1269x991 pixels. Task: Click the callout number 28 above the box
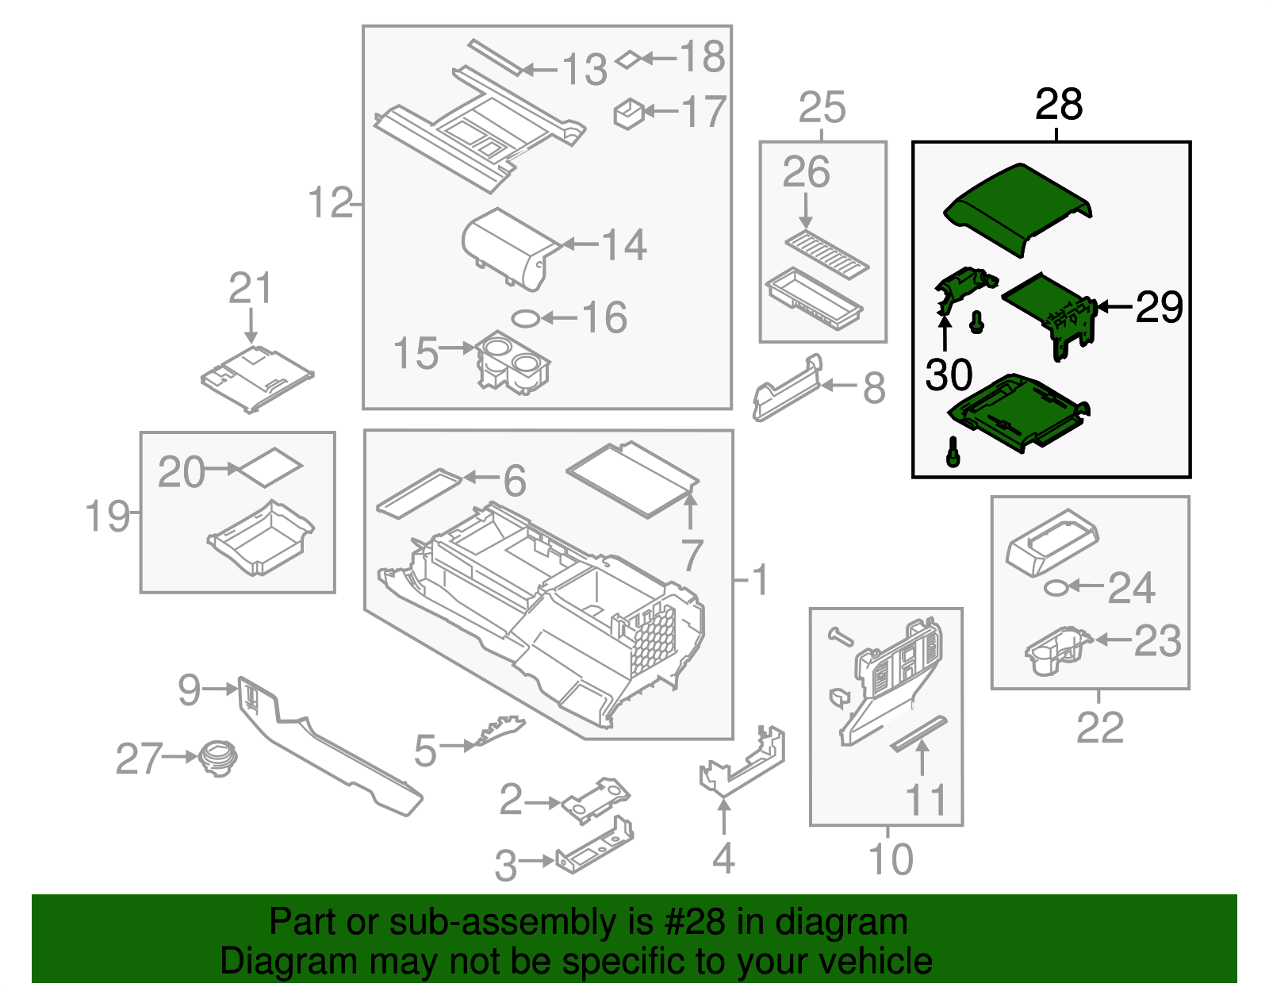pyautogui.click(x=1058, y=105)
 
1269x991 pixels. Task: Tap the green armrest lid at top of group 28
pyautogui.click(x=1018, y=208)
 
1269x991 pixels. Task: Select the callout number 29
pyautogui.click(x=1159, y=307)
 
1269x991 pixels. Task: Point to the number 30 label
pyautogui.click(x=948, y=375)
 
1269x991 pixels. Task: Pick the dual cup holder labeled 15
pyautogui.click(x=512, y=364)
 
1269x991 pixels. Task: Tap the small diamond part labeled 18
pyautogui.click(x=627, y=59)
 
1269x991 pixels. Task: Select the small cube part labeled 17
pyautogui.click(x=629, y=113)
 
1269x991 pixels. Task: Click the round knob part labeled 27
pyautogui.click(x=217, y=757)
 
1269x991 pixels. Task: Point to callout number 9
pyautogui.click(x=190, y=689)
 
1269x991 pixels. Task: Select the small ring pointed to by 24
pyautogui.click(x=1055, y=587)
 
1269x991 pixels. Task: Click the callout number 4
pyautogui.click(x=723, y=858)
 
